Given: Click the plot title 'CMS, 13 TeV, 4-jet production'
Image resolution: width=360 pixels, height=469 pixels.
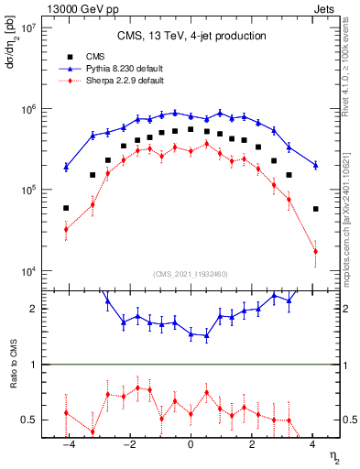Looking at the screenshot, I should pos(191,36).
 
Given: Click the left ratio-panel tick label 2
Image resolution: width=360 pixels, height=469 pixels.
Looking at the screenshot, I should pos(34,309).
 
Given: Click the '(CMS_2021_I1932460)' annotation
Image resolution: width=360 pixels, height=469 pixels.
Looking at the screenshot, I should pos(191,274).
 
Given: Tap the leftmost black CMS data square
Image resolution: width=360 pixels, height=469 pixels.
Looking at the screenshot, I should pos(66,208).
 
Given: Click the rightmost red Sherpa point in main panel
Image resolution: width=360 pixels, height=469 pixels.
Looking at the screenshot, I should pos(315,251).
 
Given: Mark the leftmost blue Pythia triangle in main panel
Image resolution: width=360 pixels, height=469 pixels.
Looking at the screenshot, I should pos(66,167).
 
